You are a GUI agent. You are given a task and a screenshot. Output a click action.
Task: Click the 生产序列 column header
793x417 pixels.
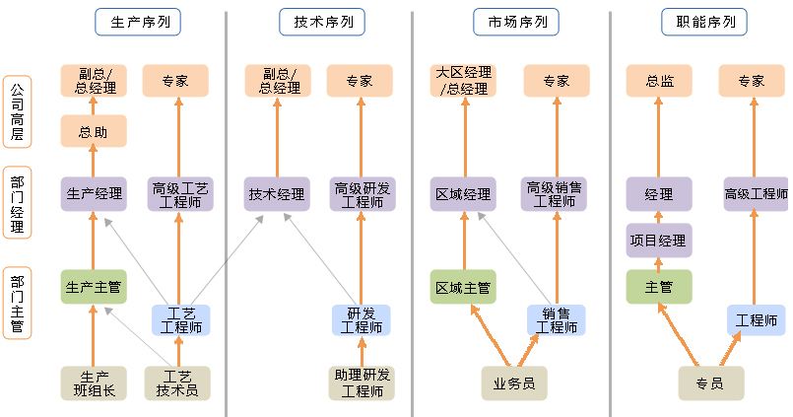click(x=142, y=22)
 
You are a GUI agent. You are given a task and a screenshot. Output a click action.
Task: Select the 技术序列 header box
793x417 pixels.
click(x=315, y=22)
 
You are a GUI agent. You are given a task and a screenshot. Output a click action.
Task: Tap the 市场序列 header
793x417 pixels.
click(x=509, y=22)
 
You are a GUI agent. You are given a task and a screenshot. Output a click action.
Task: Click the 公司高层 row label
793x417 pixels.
click(x=17, y=111)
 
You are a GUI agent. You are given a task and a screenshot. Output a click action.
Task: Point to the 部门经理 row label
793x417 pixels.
click(x=17, y=202)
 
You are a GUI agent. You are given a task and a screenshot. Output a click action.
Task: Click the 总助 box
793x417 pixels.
click(x=93, y=131)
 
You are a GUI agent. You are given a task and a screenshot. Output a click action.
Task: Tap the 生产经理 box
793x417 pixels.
click(x=93, y=194)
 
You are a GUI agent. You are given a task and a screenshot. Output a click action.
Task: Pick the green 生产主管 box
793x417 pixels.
click(x=93, y=287)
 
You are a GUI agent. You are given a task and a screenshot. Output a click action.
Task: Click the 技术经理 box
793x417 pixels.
click(x=276, y=194)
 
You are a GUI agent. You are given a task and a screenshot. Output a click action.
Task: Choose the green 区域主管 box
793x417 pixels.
click(x=463, y=287)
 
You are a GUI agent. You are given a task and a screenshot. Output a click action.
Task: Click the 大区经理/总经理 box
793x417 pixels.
click(x=463, y=81)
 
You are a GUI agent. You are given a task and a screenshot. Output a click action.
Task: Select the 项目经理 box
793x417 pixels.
click(x=658, y=240)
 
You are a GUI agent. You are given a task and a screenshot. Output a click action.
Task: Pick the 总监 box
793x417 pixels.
click(x=658, y=81)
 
